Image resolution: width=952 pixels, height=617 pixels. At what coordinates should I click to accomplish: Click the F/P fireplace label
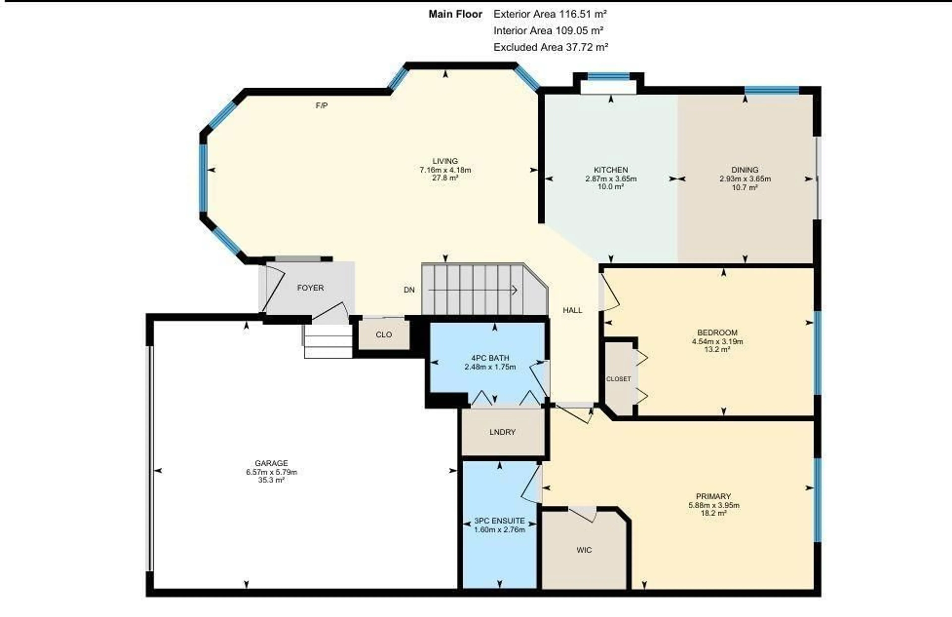point(322,106)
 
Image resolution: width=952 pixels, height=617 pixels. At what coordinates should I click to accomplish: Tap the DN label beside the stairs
point(409,290)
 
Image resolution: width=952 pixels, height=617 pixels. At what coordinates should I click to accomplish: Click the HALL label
point(572,310)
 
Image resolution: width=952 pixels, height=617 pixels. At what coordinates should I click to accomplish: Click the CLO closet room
point(384,335)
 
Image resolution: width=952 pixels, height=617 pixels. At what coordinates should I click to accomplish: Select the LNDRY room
point(502,432)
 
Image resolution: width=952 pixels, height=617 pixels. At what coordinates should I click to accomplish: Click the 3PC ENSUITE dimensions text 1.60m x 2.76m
point(499,530)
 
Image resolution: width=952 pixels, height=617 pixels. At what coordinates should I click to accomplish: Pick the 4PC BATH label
point(490,358)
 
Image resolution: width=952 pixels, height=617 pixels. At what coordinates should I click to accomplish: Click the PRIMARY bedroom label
point(713,496)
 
